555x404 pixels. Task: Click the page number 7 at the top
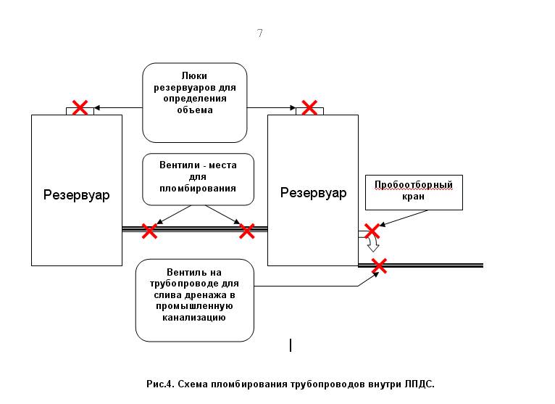pyautogui.click(x=260, y=33)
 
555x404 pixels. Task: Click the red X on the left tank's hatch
pyautogui.click(x=80, y=108)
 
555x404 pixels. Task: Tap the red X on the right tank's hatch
pyautogui.click(x=309, y=108)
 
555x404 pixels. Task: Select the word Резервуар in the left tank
pyautogui.click(x=77, y=195)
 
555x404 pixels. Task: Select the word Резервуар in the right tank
pyautogui.click(x=313, y=193)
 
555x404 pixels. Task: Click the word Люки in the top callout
pyautogui.click(x=194, y=76)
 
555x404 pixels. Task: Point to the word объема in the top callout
pyautogui.click(x=195, y=110)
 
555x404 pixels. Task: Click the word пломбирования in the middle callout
pyautogui.click(x=198, y=188)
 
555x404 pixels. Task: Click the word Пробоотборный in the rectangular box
pyautogui.click(x=414, y=185)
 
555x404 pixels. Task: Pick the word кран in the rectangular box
pyautogui.click(x=413, y=197)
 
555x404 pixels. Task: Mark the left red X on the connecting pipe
pyautogui.click(x=149, y=231)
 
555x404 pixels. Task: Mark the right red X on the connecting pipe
pyautogui.click(x=246, y=231)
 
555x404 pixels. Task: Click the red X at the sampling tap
pyautogui.click(x=372, y=231)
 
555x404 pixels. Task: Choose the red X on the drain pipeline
pyautogui.click(x=379, y=265)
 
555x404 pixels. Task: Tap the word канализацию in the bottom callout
pyautogui.click(x=194, y=318)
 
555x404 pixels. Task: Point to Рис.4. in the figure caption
pyautogui.click(x=160, y=384)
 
